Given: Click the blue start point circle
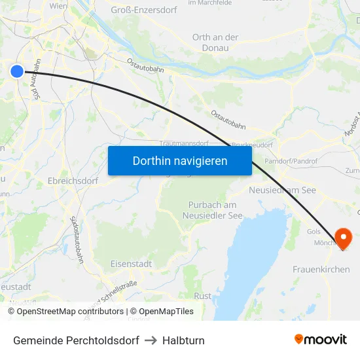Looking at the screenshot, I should [x=17, y=71].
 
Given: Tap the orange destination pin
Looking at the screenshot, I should [x=343, y=238].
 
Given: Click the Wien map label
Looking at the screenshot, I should [x=58, y=5].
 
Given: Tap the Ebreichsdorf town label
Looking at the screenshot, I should [x=73, y=181].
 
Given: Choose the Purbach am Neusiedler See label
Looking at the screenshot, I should [x=213, y=210].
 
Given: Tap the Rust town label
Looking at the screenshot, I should [x=203, y=296].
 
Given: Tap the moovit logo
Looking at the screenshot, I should [x=321, y=340].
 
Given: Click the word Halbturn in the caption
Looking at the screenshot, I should [x=183, y=340].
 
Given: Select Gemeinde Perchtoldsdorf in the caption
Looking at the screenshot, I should [x=76, y=340].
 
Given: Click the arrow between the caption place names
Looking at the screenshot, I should [x=151, y=340].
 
